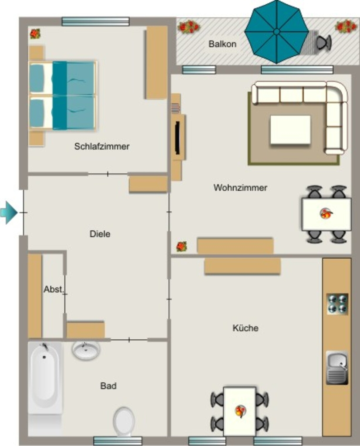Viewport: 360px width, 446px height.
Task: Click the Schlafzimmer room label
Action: pyautogui.click(x=102, y=146)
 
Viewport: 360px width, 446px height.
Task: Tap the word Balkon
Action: pyautogui.click(x=222, y=44)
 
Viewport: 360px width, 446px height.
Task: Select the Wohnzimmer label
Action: pyautogui.click(x=240, y=187)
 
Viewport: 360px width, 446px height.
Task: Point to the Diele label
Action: pyautogui.click(x=100, y=234)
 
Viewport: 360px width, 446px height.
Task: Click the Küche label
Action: pyautogui.click(x=246, y=328)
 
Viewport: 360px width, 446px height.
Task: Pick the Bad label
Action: pyautogui.click(x=108, y=386)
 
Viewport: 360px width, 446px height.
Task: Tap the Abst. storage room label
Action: pyautogui.click(x=53, y=289)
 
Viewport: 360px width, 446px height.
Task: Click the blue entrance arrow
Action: pyautogui.click(x=9, y=212)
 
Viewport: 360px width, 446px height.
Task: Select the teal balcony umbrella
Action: pyautogui.click(x=276, y=32)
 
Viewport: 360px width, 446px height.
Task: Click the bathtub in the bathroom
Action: pyautogui.click(x=45, y=378)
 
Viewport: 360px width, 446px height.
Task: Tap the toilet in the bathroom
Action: pyautogui.click(x=124, y=422)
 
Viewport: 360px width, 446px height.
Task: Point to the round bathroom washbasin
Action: pyautogui.click(x=86, y=350)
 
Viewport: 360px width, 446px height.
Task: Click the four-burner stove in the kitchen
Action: pyautogui.click(x=337, y=304)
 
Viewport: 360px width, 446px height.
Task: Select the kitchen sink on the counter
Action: pyautogui.click(x=337, y=368)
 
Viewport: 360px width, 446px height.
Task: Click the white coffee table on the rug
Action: pyautogui.click(x=290, y=129)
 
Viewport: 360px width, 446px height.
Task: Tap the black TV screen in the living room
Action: pyautogui.click(x=178, y=138)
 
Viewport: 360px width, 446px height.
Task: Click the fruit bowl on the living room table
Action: pyautogui.click(x=326, y=213)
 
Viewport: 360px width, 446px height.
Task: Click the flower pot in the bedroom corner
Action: pyautogui.click(x=35, y=34)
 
